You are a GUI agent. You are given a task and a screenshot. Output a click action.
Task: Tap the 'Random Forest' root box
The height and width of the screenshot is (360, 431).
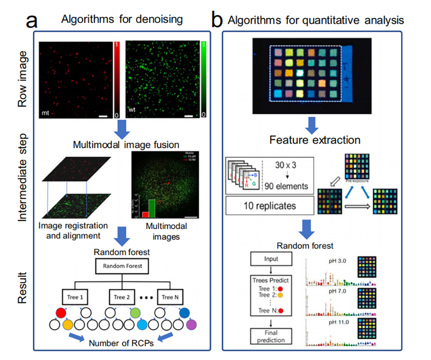tap(121, 266)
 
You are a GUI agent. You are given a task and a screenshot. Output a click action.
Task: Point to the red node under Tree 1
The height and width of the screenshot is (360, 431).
tap(62, 312)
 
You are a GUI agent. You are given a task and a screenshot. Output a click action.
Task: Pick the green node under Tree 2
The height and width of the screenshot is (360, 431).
tap(136, 312)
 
